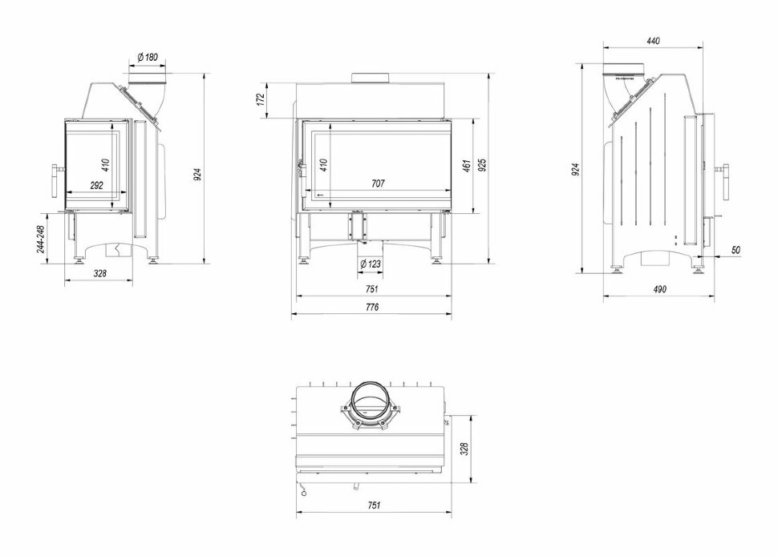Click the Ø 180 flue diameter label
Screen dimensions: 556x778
tap(146, 57)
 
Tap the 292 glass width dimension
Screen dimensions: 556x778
tap(95, 184)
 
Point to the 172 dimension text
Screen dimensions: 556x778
tap(260, 99)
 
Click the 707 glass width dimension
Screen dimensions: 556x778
tap(378, 183)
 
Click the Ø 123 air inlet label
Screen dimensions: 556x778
tap(369, 264)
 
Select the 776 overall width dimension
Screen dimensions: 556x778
tap(371, 307)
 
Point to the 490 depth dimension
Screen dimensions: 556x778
tap(658, 289)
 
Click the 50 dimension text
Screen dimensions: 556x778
tap(735, 250)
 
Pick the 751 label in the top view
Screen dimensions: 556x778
tap(372, 506)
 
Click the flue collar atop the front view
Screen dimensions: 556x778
tap(371, 79)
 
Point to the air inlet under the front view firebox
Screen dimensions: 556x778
tap(357, 225)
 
